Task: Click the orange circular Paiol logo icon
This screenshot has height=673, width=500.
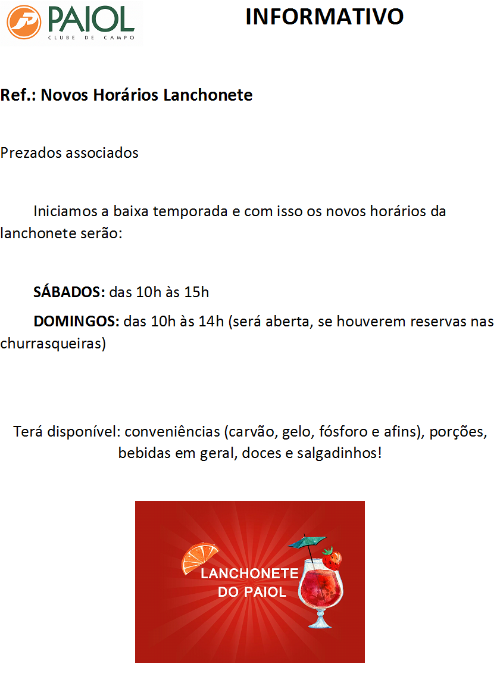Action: [24, 23]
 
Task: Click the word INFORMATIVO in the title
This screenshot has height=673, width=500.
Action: [324, 17]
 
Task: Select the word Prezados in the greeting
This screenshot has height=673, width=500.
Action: [29, 152]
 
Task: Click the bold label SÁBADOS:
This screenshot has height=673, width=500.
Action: [69, 292]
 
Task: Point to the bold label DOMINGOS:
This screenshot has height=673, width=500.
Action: [77, 322]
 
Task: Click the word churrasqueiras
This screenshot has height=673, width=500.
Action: [52, 344]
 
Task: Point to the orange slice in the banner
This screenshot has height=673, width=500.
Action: [199, 557]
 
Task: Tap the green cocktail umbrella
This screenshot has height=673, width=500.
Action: [306, 543]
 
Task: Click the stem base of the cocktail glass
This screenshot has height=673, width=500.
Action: [320, 623]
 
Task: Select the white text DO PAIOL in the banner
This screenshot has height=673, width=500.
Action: [252, 592]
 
